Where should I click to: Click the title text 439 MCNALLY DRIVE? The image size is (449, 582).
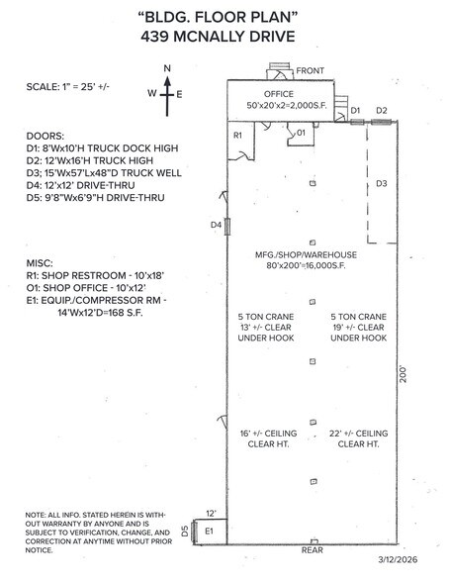pos(224,38)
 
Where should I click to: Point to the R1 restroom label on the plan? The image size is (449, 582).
pos(237,134)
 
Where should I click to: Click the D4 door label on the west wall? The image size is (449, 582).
pos(215,226)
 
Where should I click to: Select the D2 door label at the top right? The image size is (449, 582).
pos(381,110)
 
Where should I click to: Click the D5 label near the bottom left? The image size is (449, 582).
pos(186,533)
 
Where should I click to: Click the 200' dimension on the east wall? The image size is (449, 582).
pos(403,377)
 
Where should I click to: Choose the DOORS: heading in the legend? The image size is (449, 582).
pos(45,135)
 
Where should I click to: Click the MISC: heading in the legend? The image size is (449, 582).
pos(42,266)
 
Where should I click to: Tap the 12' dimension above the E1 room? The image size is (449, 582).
pos(210,513)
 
